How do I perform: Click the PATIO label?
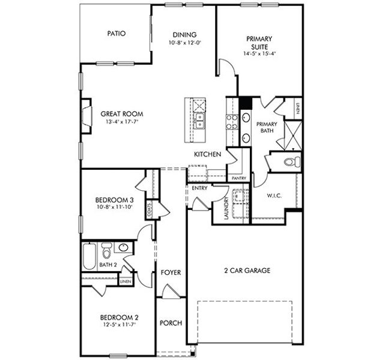pyautogui.click(x=116, y=34)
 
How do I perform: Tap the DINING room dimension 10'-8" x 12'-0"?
pyautogui.click(x=184, y=43)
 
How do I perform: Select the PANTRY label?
pyautogui.click(x=238, y=178)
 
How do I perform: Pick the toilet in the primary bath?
pyautogui.click(x=290, y=161)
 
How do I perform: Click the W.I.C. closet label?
pyautogui.click(x=274, y=196)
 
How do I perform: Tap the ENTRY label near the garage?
pyautogui.click(x=199, y=188)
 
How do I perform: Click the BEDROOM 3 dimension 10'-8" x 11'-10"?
pyautogui.click(x=114, y=207)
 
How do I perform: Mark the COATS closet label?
pyautogui.click(x=148, y=209)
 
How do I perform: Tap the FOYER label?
pyautogui.click(x=171, y=272)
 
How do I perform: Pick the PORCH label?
pyautogui.click(x=171, y=323)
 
